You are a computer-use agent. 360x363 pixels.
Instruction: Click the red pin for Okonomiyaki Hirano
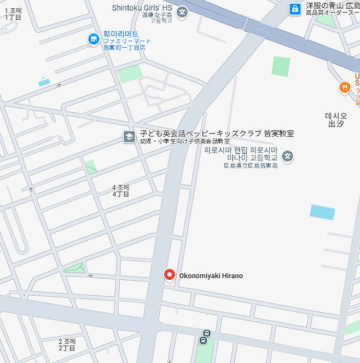[x=170, y=275]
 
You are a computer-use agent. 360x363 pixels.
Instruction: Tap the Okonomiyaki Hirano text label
[x=211, y=276]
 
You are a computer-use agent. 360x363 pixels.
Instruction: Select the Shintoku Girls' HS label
[x=142, y=8]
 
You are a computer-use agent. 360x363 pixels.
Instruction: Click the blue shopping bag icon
[x=295, y=9]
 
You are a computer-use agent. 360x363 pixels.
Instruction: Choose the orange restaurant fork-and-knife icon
[x=344, y=87]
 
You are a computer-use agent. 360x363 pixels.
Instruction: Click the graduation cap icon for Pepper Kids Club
[x=130, y=137]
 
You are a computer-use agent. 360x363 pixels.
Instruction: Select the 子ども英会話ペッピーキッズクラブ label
[x=217, y=134]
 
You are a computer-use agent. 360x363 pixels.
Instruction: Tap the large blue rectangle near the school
[x=322, y=212]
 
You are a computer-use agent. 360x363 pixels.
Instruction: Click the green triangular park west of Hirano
[x=75, y=268]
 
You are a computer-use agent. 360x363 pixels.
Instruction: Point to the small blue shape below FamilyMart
[x=44, y=83]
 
